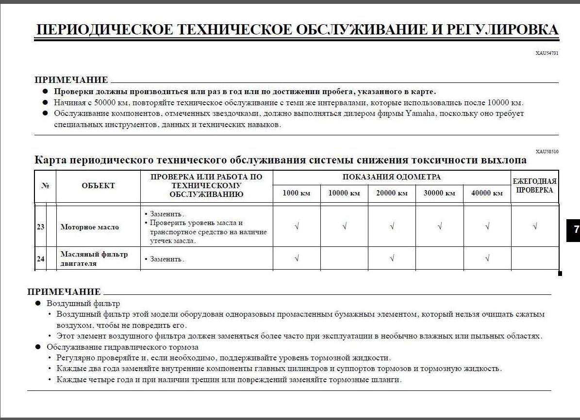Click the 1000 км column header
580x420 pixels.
296,193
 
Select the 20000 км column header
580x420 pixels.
392,193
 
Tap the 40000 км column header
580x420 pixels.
487,193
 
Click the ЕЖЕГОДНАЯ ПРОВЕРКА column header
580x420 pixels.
534,186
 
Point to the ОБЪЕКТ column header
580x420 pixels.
98,186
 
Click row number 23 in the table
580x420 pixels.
40,226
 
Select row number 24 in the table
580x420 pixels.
40,258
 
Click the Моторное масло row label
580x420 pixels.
89,227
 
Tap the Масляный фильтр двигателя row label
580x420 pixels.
94,258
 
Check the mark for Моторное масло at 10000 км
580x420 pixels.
344,226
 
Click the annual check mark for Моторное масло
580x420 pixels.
534,226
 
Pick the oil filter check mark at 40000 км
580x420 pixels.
487,258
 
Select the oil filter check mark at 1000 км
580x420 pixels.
296,258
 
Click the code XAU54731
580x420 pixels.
547,53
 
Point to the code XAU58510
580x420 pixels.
547,152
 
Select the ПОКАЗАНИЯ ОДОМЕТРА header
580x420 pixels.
391,177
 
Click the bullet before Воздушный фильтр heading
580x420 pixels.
38,304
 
